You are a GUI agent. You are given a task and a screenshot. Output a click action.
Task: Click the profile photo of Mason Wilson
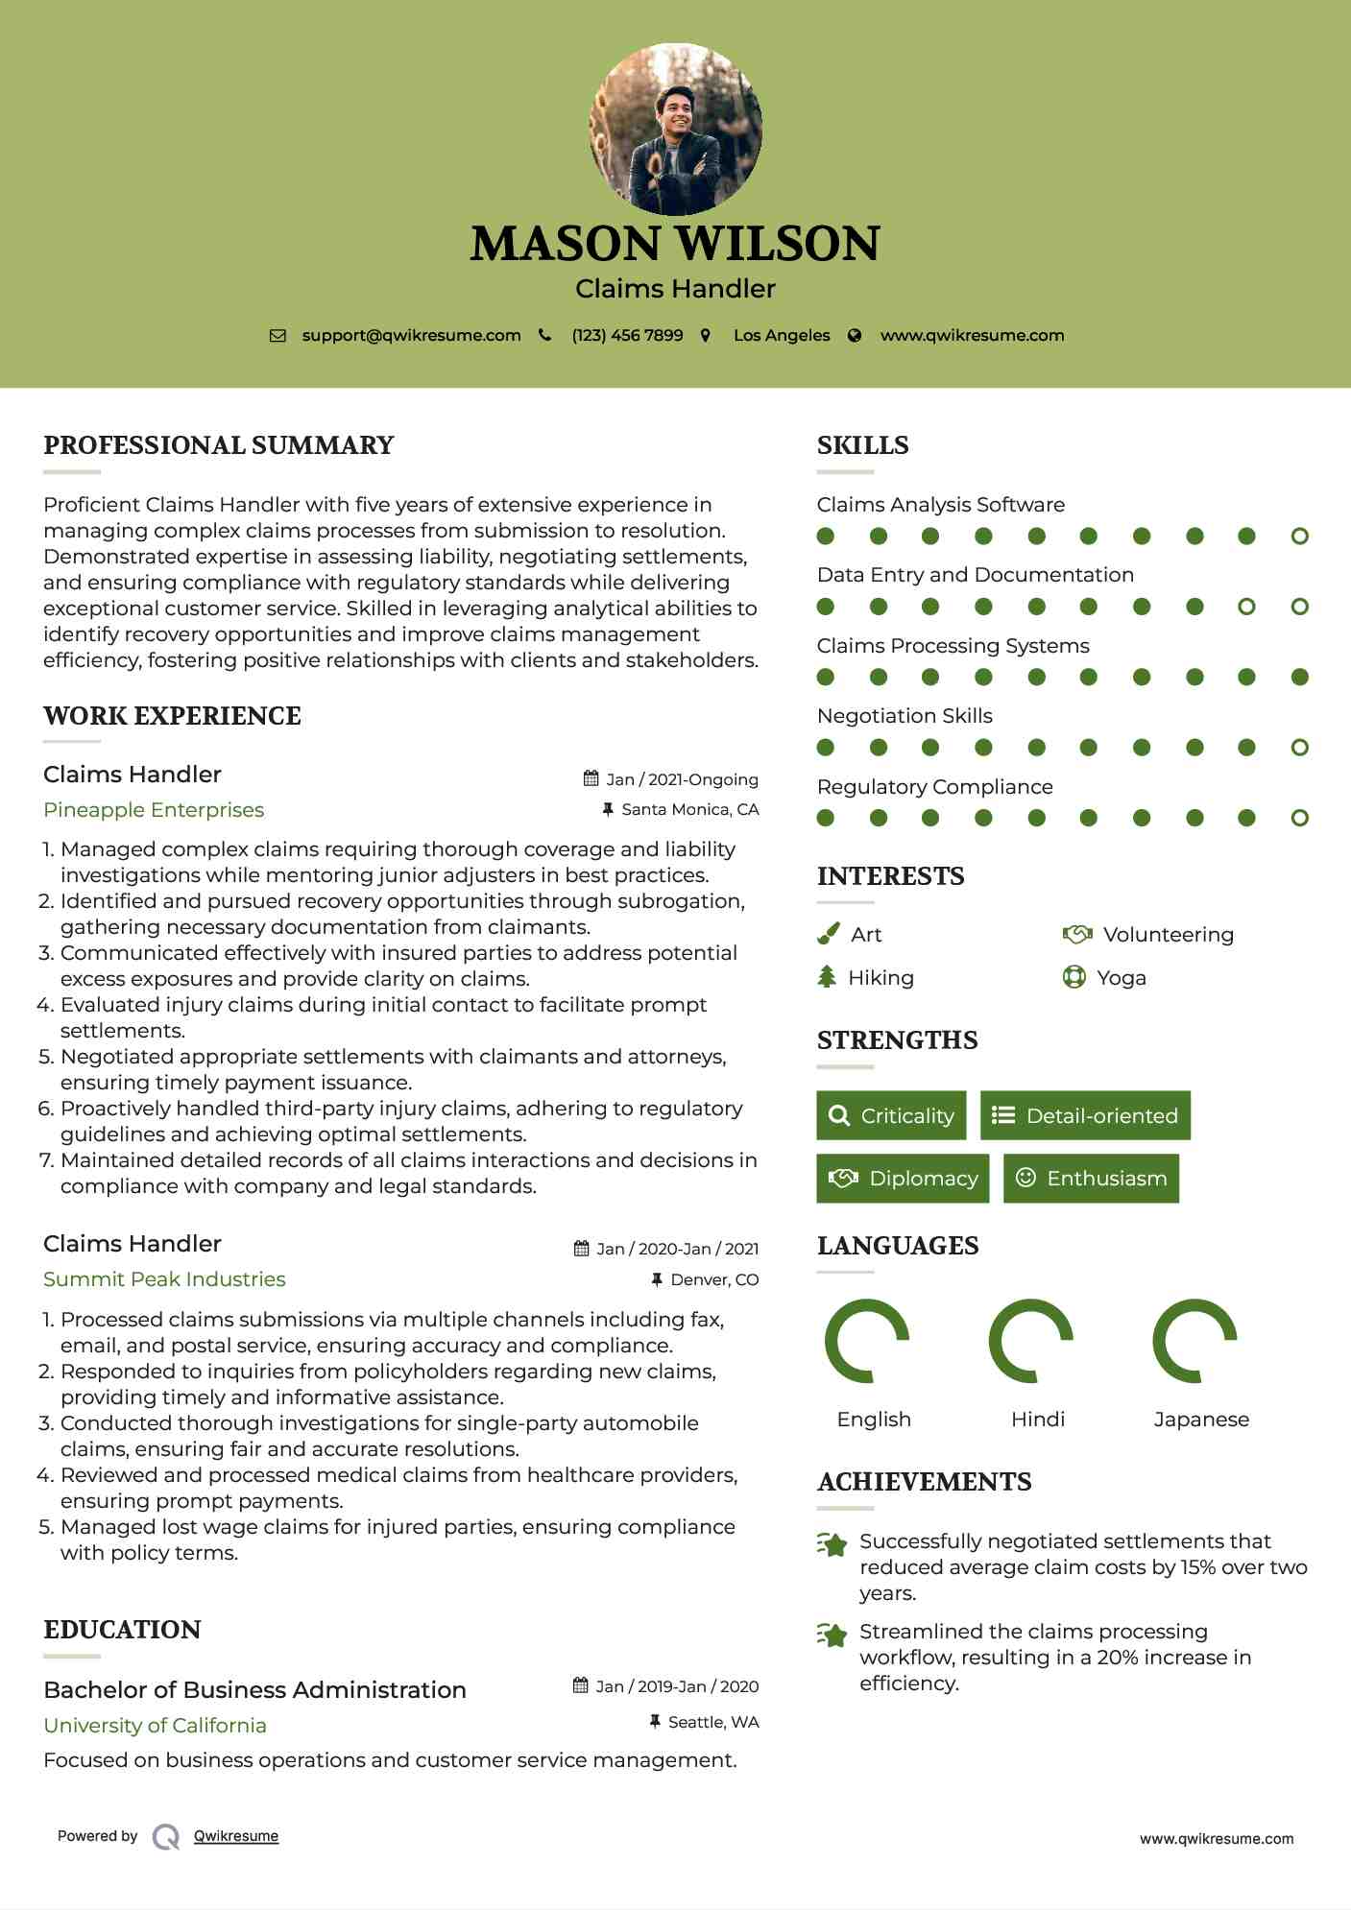pos(675,129)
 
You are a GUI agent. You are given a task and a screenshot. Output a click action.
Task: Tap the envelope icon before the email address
pos(277,336)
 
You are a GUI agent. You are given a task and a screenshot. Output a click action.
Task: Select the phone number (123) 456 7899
pos(627,336)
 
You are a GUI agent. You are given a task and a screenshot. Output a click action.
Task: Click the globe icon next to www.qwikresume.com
pos(855,336)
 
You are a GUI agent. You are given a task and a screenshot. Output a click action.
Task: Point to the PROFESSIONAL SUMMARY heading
pos(219,445)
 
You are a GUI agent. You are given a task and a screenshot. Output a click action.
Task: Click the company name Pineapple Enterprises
pos(154,810)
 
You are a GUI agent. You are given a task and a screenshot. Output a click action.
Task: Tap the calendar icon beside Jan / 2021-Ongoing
pos(591,779)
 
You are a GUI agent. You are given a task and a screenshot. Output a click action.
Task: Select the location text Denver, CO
pos(714,1279)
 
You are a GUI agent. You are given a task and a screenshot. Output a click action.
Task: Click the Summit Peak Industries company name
pos(164,1279)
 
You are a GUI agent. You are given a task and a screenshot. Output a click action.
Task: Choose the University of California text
pos(155,1726)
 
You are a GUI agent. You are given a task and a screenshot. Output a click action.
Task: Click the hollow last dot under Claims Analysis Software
pos(1299,537)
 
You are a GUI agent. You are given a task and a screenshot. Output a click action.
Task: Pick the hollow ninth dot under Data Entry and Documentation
pos(1246,607)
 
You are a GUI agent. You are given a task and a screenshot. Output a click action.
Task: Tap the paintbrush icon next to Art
pos(828,934)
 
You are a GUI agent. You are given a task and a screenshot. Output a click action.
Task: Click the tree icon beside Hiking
pos(827,977)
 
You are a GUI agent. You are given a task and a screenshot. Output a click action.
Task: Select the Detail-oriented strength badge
pos(1085,1115)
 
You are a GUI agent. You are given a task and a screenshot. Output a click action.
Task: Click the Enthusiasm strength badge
pos(1091,1178)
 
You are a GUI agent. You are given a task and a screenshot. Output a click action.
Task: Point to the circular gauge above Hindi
pos(1030,1341)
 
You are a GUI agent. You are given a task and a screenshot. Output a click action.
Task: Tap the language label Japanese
pos(1201,1420)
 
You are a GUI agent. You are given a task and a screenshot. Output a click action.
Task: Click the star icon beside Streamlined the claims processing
pos(832,1634)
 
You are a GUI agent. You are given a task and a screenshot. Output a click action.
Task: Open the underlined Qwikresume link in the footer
pos(236,1836)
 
